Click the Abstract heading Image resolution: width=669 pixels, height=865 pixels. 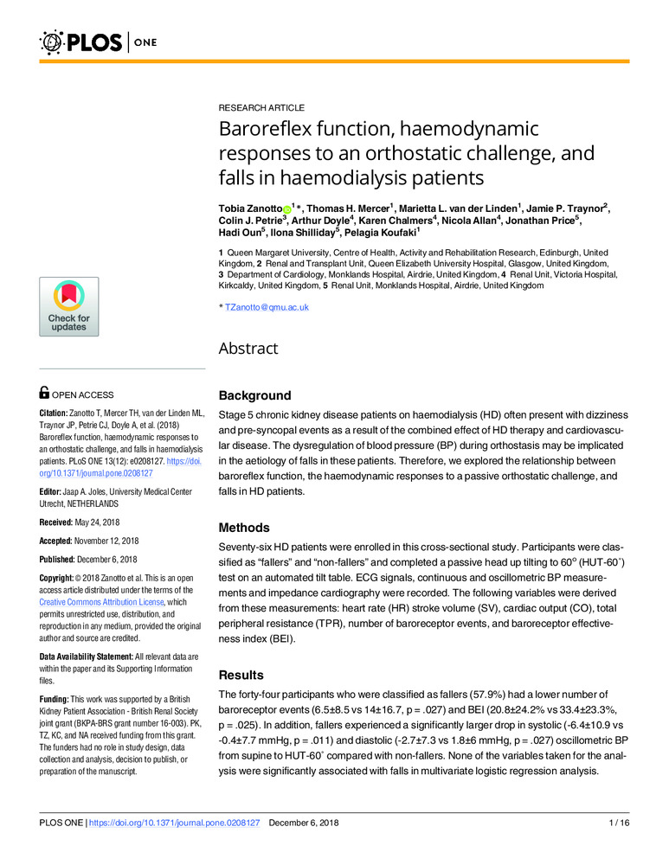[x=248, y=349]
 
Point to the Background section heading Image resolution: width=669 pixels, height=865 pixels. [x=254, y=395]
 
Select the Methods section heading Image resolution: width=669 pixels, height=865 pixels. [x=246, y=528]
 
